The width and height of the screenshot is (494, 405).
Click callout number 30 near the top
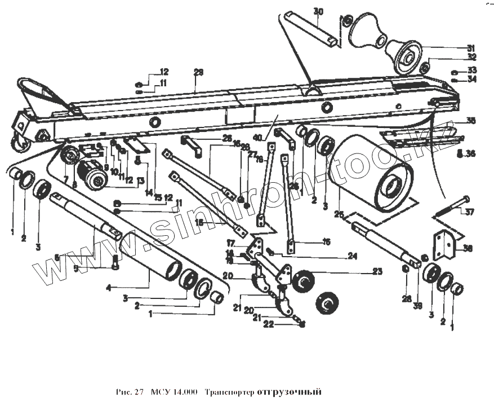319,12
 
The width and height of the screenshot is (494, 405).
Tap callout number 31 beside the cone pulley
471,48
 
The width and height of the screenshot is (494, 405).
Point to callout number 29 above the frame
198,72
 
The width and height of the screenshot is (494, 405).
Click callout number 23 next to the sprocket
377,272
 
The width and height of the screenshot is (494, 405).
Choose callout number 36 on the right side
471,153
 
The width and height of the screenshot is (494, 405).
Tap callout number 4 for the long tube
108,288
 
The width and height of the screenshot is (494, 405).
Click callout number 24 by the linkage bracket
352,256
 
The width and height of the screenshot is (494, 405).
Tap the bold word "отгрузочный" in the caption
288,391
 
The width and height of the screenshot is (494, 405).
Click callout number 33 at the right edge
472,70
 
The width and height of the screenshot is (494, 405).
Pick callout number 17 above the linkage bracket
231,244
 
